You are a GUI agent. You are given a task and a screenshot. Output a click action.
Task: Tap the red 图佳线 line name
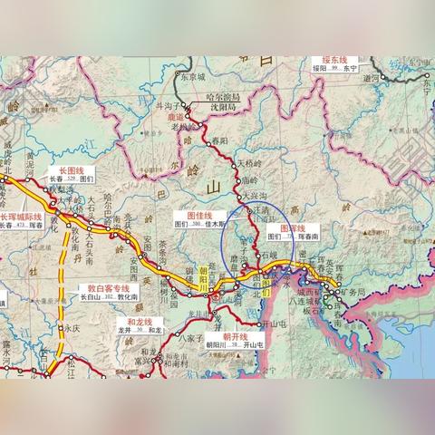198,214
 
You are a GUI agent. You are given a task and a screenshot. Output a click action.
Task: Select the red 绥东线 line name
335,56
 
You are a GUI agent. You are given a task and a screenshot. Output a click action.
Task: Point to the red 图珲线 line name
292,228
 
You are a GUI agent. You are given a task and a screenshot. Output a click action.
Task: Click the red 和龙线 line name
138,322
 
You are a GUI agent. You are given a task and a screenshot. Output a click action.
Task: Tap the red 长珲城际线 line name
21,217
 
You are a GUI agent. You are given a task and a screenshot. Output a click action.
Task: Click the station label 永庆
72,329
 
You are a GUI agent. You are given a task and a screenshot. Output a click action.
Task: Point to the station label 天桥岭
251,164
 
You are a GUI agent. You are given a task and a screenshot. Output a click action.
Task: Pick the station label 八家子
189,336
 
